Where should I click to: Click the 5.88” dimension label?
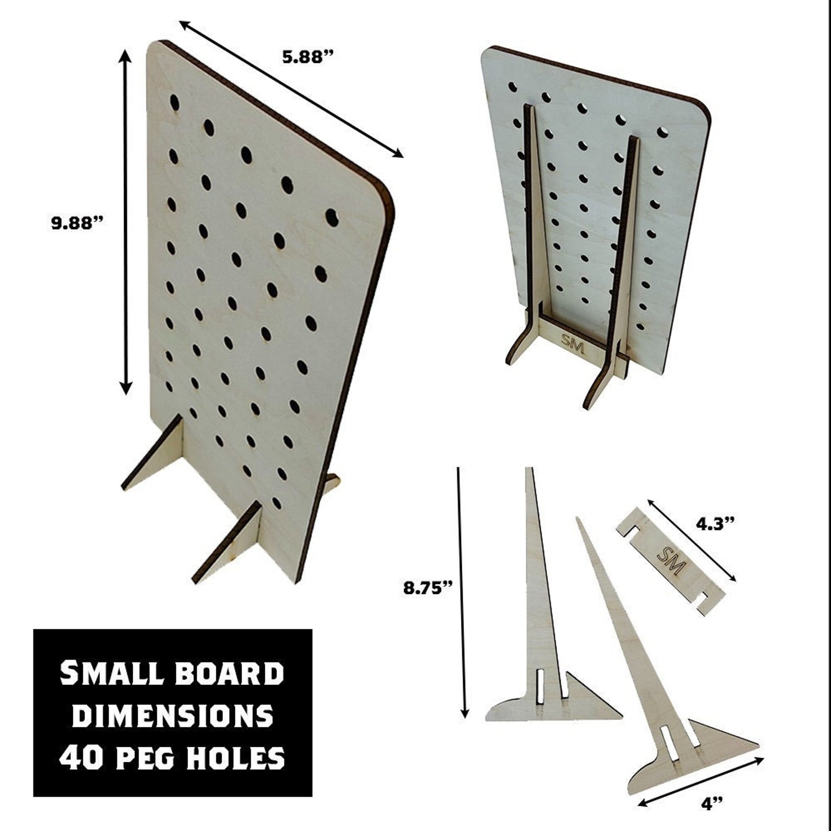click(x=308, y=57)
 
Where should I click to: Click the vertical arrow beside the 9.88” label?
click(x=126, y=222)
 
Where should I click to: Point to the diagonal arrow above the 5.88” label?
click(x=291, y=88)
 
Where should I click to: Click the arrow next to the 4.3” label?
click(x=692, y=540)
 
